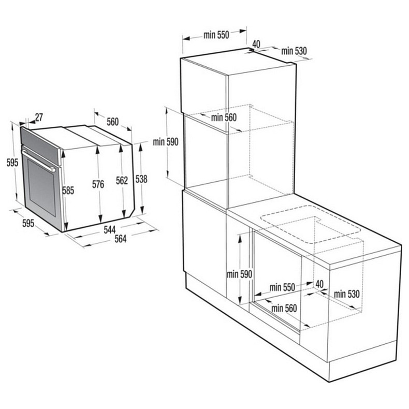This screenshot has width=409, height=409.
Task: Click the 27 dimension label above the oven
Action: pyautogui.click(x=39, y=118)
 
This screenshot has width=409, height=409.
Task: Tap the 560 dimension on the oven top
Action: pyautogui.click(x=112, y=122)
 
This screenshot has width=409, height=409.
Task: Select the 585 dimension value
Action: pyautogui.click(x=68, y=190)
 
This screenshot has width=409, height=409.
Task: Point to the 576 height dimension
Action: pyautogui.click(x=98, y=184)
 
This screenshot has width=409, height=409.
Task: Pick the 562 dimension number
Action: pyautogui.click(x=122, y=180)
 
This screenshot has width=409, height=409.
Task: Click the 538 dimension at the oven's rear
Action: pyautogui.click(x=141, y=179)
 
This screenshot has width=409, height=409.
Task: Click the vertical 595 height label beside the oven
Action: pyautogui.click(x=12, y=162)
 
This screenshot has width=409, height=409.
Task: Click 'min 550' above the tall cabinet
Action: pyautogui.click(x=216, y=35)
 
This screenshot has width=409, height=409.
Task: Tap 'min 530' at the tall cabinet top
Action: pyautogui.click(x=294, y=51)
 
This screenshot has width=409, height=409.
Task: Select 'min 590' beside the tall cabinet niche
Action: pyautogui.click(x=165, y=141)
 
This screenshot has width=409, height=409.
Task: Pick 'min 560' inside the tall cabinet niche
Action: pyautogui.click(x=224, y=118)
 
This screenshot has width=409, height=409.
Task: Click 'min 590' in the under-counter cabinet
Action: pyautogui.click(x=239, y=274)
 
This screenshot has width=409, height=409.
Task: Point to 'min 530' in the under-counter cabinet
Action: pyautogui.click(x=346, y=294)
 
